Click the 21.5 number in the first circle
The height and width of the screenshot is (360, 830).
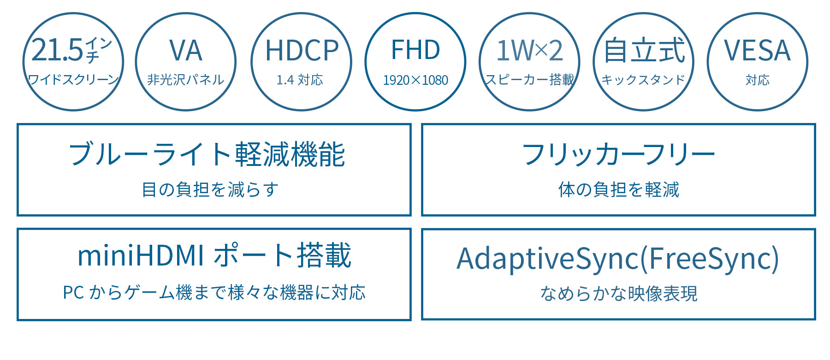[57, 50]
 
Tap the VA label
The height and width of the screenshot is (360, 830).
[186, 51]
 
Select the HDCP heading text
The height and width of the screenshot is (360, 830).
[302, 51]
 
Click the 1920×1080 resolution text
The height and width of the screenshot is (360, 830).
[415, 80]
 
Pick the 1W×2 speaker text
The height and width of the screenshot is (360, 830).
[529, 51]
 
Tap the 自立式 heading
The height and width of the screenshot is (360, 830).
[644, 50]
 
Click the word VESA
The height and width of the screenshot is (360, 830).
[757, 51]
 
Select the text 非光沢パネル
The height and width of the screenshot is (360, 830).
[186, 80]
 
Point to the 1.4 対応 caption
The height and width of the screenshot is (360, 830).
[300, 80]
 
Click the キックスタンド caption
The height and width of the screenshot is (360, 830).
[643, 80]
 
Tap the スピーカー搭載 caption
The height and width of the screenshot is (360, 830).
[529, 80]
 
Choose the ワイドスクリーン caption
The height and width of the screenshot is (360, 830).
[73, 80]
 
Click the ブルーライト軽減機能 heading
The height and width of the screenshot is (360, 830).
[207, 154]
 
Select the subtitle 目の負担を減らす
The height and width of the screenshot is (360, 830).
[210, 189]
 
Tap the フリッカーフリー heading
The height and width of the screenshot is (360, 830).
[618, 154]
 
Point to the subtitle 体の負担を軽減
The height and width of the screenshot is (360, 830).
[619, 189]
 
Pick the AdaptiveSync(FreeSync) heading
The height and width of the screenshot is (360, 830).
[618, 260]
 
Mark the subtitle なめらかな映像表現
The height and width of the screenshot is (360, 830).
[619, 293]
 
